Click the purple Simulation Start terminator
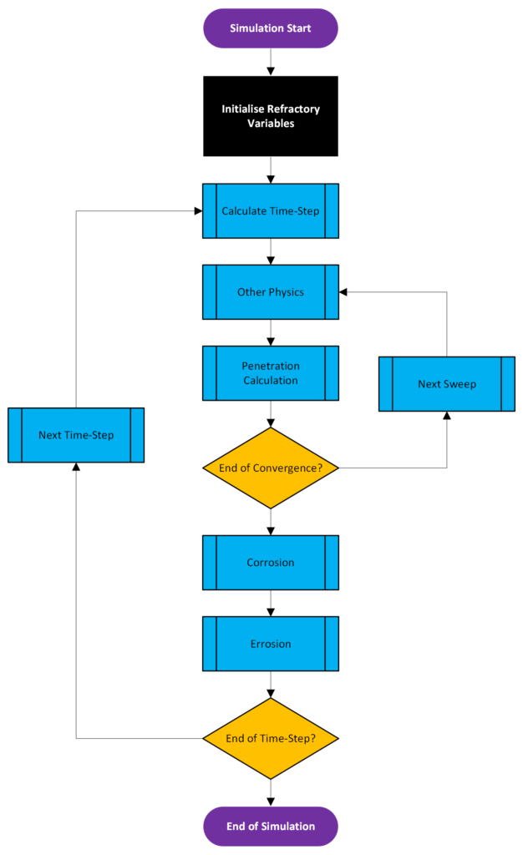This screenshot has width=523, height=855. point(270,28)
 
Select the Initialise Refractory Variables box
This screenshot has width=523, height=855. point(270,116)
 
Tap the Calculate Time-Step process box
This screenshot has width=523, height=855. point(270,211)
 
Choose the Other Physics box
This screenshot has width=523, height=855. point(270,292)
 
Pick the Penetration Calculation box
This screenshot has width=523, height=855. point(270,373)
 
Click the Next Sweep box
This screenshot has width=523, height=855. point(446,384)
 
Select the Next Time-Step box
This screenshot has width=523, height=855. point(76,435)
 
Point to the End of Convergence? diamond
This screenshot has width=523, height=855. point(270,468)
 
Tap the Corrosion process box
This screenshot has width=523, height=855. point(270,563)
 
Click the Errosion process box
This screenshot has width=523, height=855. point(270,644)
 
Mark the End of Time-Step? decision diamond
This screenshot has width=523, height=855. point(270,738)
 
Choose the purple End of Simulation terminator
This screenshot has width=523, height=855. point(270,827)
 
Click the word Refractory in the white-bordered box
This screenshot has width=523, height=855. point(294,109)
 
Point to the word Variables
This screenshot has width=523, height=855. point(271,124)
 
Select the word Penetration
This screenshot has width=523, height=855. point(271,367)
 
